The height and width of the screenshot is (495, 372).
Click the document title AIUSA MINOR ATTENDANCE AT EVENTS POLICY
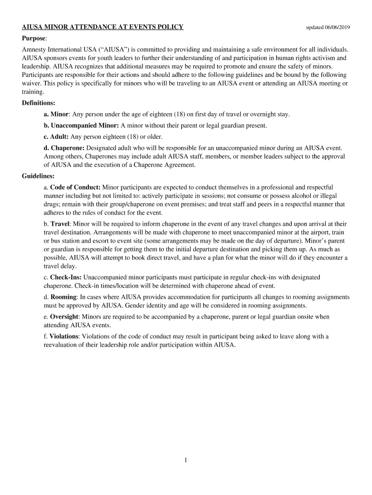coord(102,27)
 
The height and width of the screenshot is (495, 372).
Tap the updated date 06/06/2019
coord(328,27)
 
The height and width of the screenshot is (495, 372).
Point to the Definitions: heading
coord(38,103)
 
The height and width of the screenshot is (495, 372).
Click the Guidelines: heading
coord(38,176)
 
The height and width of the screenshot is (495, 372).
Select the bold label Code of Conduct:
coord(75,187)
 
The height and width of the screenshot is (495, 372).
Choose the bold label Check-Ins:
coord(66,277)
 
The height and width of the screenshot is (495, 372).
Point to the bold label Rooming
coord(63,297)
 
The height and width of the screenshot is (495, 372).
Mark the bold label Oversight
coord(64,317)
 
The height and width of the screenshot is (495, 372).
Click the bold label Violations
coord(64,336)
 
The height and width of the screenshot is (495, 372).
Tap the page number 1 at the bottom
coord(185,461)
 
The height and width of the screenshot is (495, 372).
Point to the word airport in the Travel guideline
coord(317,233)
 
